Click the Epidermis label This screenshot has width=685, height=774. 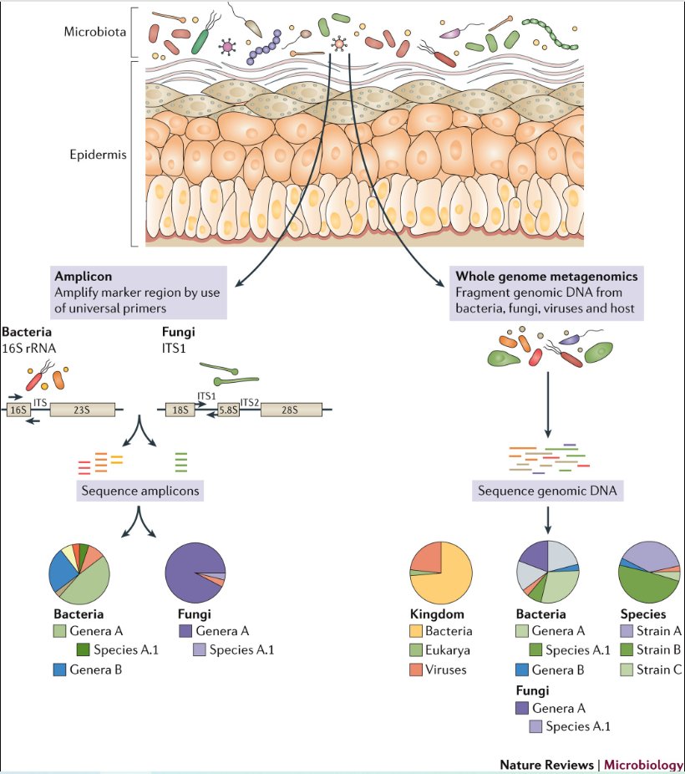tap(94, 155)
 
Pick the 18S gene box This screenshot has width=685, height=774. tap(178, 410)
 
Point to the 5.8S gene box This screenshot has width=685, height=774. tap(226, 410)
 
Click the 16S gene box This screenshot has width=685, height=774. tap(18, 410)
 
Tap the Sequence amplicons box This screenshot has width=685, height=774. tap(140, 491)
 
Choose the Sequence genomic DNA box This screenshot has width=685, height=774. tap(547, 491)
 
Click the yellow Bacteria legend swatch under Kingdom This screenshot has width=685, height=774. tap(415, 632)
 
